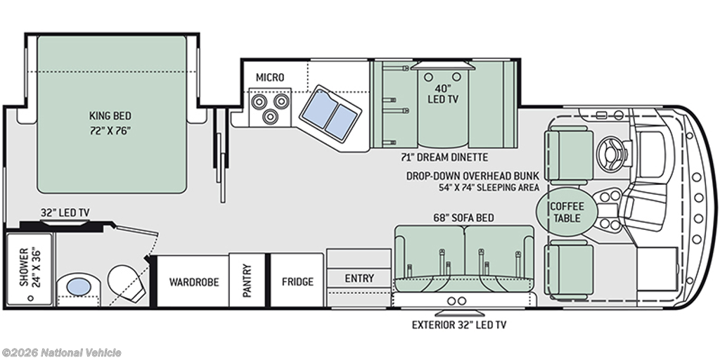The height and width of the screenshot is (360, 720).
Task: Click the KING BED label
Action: click(x=110, y=116)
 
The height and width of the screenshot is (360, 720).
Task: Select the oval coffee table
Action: click(x=567, y=212)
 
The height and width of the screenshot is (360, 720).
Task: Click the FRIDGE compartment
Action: click(x=297, y=281)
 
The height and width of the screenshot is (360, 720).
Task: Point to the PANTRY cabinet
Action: click(x=247, y=281)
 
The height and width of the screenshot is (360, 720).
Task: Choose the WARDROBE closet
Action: click(x=193, y=281)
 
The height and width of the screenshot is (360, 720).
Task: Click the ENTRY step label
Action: click(x=359, y=278)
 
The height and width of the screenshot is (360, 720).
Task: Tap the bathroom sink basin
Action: click(x=79, y=287)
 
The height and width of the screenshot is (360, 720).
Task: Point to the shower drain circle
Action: click(x=31, y=298)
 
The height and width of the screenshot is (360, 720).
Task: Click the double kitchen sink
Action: click(x=330, y=115)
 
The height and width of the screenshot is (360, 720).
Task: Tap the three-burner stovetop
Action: click(x=269, y=107)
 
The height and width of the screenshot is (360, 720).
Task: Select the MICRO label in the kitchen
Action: click(x=270, y=77)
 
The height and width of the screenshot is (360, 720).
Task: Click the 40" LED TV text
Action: click(x=443, y=93)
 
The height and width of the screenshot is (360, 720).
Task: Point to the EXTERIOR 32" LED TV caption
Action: click(x=459, y=325)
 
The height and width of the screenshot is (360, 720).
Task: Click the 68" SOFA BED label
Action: click(x=464, y=218)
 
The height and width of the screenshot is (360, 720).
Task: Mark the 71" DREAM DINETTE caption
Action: click(x=444, y=157)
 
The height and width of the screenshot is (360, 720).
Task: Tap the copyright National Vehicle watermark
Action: click(x=61, y=353)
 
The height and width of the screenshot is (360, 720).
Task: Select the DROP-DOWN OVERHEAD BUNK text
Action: click(x=472, y=176)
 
